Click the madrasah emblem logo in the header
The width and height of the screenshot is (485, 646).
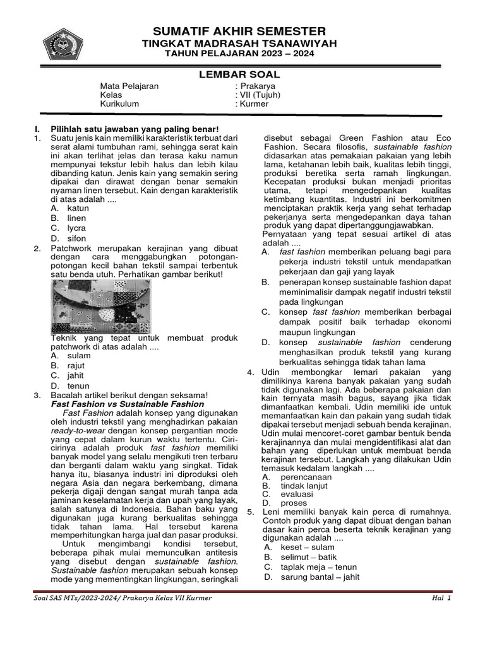pyautogui.click(x=63, y=44)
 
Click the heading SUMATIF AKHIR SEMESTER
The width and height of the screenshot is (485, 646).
pyautogui.click(x=239, y=31)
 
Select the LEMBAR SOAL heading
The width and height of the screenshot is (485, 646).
pyautogui.click(x=239, y=74)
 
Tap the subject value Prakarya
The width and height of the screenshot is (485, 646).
pyautogui.click(x=257, y=86)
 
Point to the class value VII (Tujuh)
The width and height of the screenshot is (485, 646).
pyautogui.click(x=260, y=95)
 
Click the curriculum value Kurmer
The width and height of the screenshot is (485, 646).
pyautogui.click(x=254, y=103)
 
